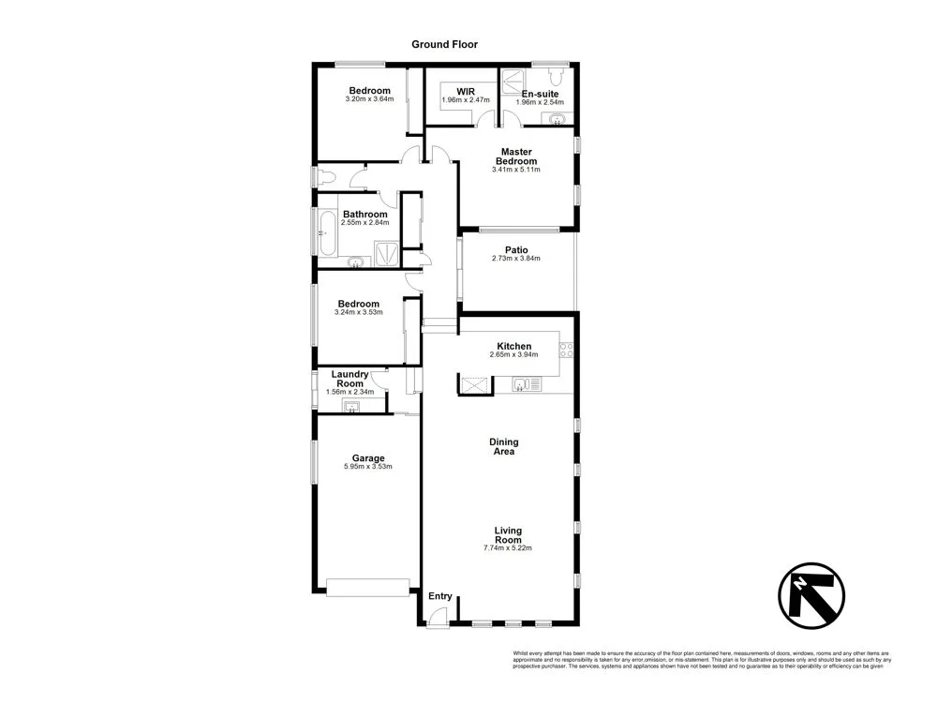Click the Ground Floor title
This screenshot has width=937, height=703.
tap(445, 44)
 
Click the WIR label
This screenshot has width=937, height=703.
tap(466, 92)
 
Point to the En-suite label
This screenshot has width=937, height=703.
tap(541, 94)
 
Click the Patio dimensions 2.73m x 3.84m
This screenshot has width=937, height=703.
tap(515, 259)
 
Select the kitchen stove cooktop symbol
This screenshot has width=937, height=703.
tap(566, 351)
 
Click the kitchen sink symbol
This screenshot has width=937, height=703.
tap(522, 383)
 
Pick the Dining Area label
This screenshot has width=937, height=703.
tap(503, 446)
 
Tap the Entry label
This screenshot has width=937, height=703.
tap(439, 596)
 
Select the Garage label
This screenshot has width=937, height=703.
tap(368, 458)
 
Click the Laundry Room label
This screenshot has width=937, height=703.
tap(350, 379)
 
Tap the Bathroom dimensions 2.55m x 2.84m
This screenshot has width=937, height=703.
tap(364, 223)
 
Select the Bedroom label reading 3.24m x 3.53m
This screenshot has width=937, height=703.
tap(358, 304)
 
